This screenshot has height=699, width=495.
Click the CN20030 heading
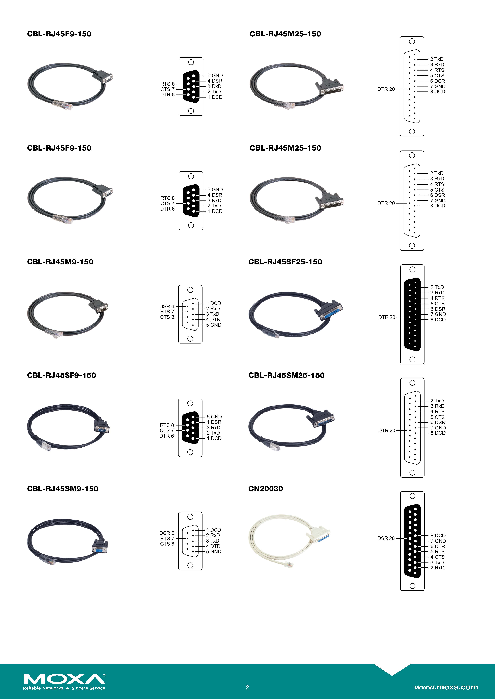pos(266,489)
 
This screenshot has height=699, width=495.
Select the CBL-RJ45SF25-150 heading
pos(285,262)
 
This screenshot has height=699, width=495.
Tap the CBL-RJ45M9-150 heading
pos(60,262)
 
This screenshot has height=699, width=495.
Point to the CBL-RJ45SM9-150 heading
pos(63,489)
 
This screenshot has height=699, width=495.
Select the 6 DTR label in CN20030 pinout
pos(437,546)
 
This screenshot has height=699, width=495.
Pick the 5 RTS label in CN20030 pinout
pos(437,551)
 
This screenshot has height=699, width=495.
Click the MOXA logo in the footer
pos(64,679)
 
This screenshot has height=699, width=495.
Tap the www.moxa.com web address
pos(446,687)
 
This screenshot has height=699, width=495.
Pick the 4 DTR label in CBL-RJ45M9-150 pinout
pos(213,319)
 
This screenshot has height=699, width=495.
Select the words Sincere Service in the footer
pos(88,688)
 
